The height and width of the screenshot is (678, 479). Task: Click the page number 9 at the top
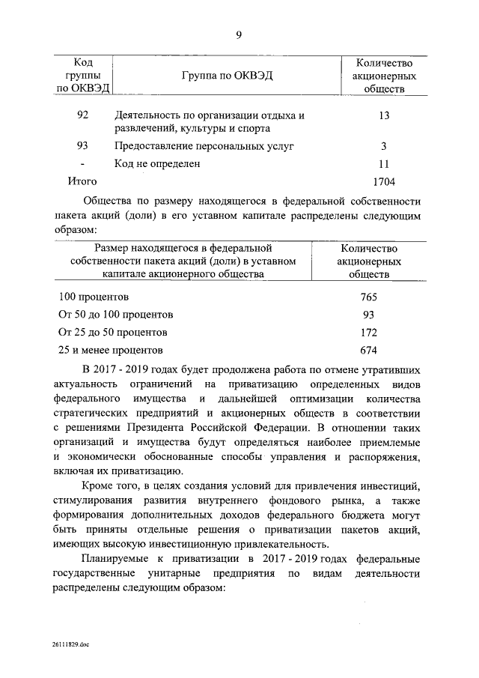(x=239, y=33)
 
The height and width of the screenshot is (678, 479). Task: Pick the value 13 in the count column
(x=384, y=115)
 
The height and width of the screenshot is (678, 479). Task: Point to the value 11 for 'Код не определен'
(x=384, y=163)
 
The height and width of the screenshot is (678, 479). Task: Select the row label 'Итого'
(x=82, y=181)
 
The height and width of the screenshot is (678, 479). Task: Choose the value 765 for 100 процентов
(x=368, y=297)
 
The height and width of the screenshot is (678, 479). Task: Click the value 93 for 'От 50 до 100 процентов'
(x=368, y=315)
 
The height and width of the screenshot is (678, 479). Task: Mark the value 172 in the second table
(x=368, y=333)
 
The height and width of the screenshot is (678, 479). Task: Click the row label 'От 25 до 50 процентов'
(x=112, y=333)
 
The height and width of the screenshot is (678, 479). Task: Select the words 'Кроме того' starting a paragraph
(x=109, y=489)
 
